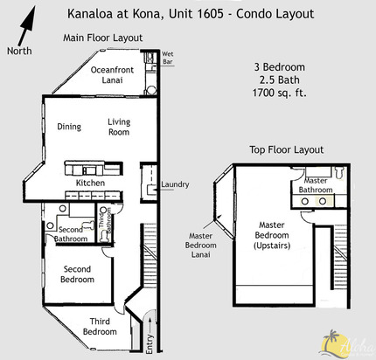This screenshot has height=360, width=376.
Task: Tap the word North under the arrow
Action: [x=18, y=50]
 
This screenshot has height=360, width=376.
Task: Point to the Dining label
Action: [x=69, y=127]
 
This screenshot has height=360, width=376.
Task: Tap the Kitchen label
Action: [x=90, y=183]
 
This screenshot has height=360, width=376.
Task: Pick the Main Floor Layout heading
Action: [x=102, y=38]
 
